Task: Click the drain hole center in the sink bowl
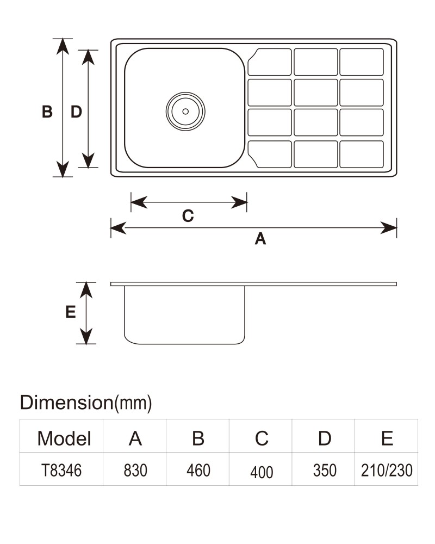pos(185,112)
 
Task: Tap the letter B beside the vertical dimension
pos(47,112)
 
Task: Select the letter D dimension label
pos(76,112)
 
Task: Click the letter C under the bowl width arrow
pos(188,216)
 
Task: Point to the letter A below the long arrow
pos(260,239)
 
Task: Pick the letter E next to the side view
pos(71,312)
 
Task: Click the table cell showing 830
pos(135,471)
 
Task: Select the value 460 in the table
pos(198,471)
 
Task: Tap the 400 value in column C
pos(262,472)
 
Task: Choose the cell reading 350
pos(325,471)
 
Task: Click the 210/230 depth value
pos(387,471)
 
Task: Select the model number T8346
pos(61,471)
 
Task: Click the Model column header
pos(64,438)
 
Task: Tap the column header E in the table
pos(387,438)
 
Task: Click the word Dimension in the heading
pos(66,403)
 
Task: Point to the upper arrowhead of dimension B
pos(63,46)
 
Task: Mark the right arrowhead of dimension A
pos(389,228)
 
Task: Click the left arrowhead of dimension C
pos(139,202)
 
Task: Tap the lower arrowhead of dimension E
pos(86,336)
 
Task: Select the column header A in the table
pos(135,438)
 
